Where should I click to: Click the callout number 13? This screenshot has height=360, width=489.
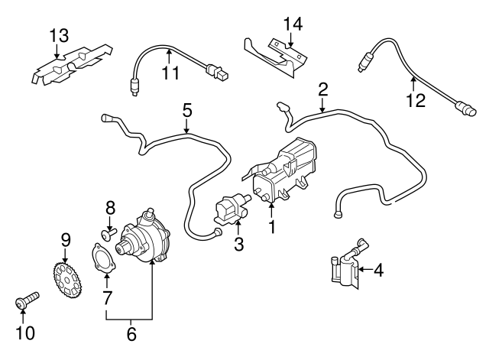(59, 35)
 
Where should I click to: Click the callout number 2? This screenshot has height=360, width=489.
(323, 90)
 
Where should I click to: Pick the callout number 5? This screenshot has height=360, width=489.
(187, 110)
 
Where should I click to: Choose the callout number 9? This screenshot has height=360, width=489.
(66, 240)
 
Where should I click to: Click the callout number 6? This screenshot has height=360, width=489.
(131, 333)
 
